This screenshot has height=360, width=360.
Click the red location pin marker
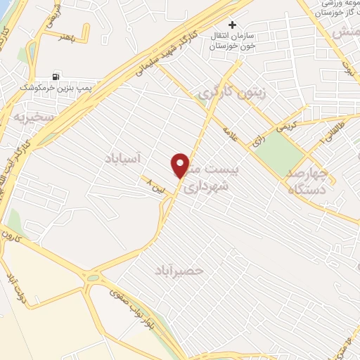click(181, 165)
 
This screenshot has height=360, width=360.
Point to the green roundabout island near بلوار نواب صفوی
click(92, 278)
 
